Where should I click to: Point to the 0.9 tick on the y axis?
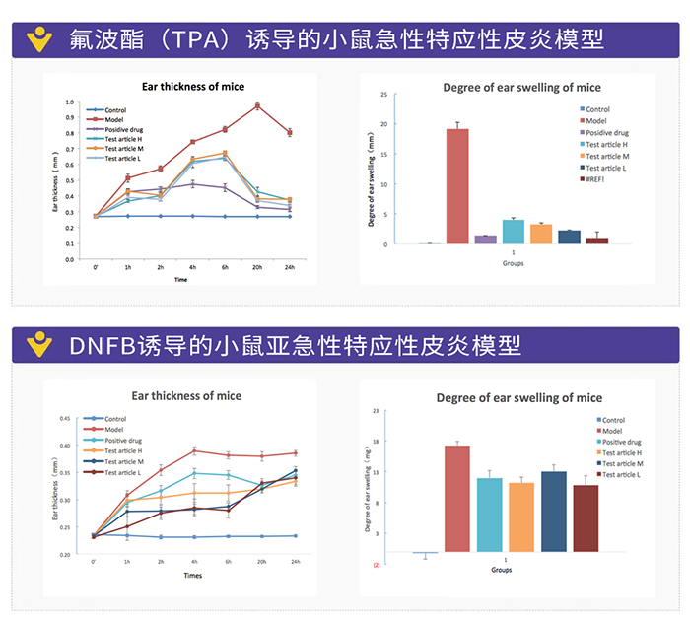[x=69, y=118]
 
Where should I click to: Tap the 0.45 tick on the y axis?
[x=66, y=418]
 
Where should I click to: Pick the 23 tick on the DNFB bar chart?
[x=374, y=410]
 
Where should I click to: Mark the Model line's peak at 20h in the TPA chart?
[x=257, y=105]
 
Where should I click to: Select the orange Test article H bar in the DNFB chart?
[x=521, y=517]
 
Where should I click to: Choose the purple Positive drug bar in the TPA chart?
[x=485, y=239]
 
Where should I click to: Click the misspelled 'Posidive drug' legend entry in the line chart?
[x=124, y=129]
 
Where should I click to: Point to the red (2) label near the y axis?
[x=376, y=566]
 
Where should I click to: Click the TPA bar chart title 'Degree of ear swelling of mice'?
[x=508, y=87]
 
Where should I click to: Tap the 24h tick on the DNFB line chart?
[x=296, y=561]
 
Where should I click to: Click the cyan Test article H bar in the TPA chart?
[x=514, y=232]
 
